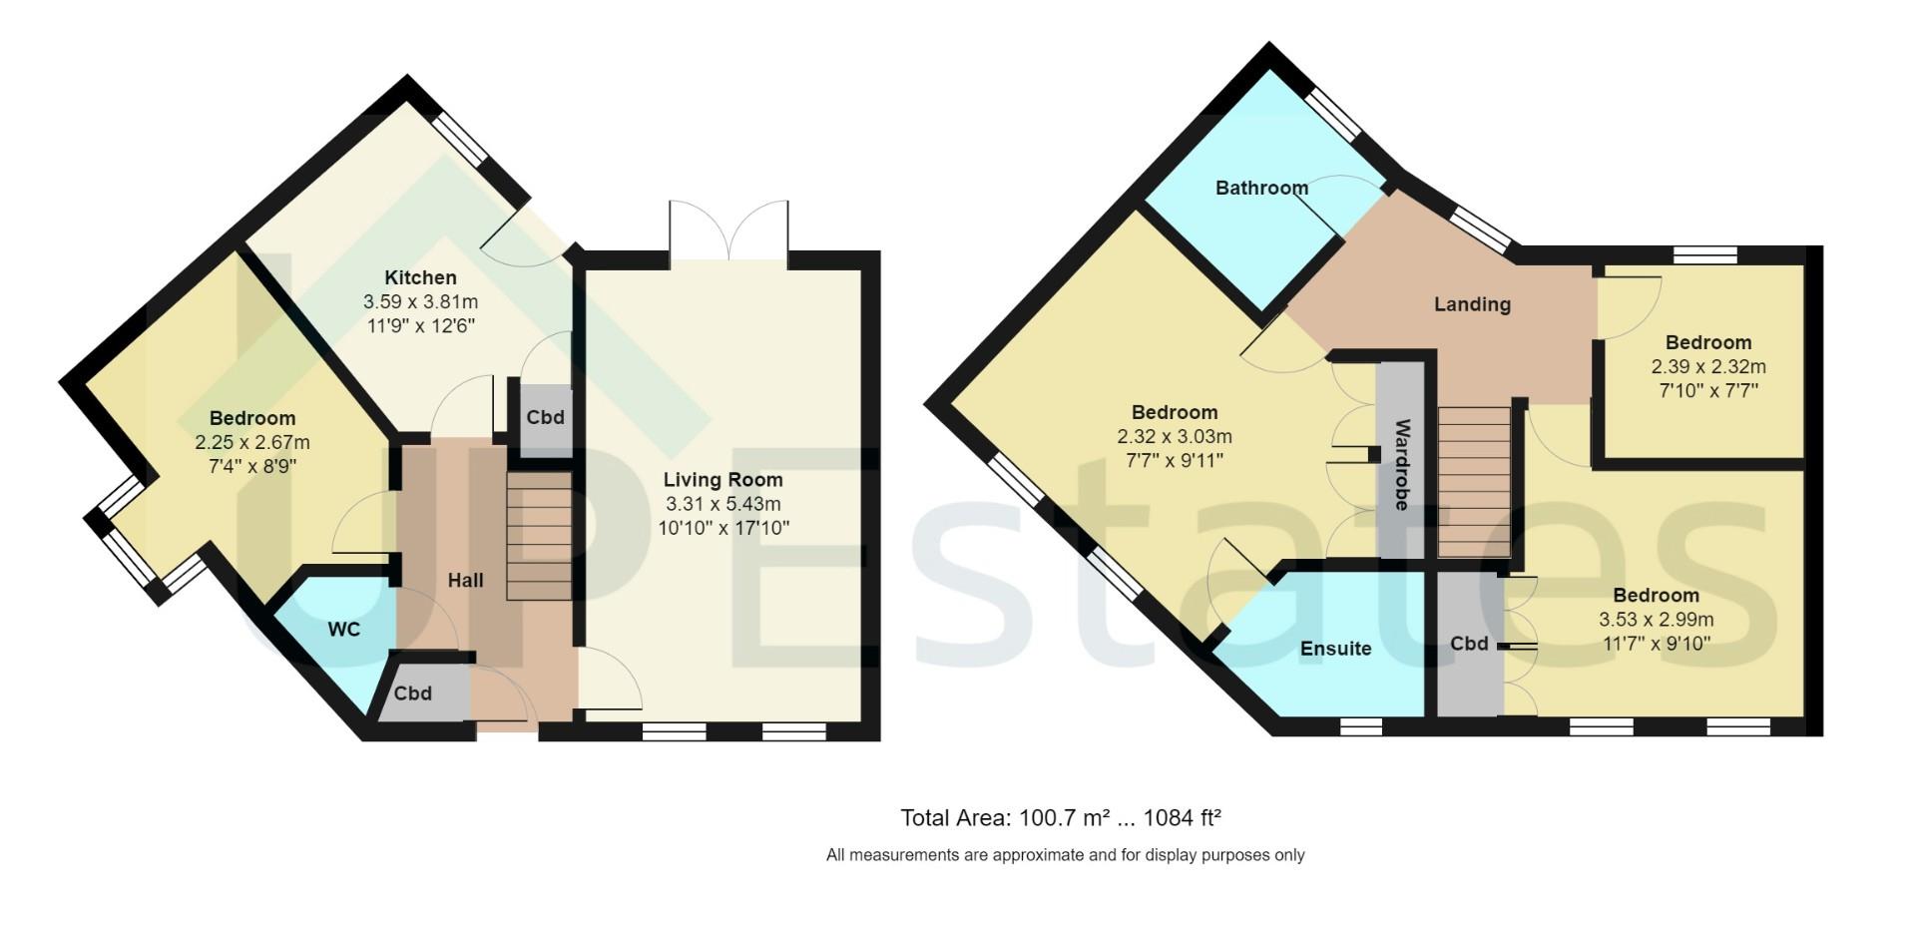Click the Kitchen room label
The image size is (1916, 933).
click(421, 277)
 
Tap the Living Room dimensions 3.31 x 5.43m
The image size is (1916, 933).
click(722, 504)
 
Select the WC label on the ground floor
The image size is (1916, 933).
click(344, 630)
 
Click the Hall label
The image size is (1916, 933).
click(465, 580)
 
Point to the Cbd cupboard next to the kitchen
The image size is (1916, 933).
click(545, 417)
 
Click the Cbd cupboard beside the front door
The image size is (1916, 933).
click(413, 693)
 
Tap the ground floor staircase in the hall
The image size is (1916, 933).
click(539, 537)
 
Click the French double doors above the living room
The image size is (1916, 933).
click(729, 232)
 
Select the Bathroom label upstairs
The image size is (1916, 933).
click(1261, 188)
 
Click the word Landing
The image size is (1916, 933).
click(1472, 304)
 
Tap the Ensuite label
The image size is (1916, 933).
click(1335, 649)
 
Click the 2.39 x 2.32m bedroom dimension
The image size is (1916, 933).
click(1707, 366)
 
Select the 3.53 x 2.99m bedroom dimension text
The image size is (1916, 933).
click(1656, 620)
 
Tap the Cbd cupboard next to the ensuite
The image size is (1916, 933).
click(1469, 644)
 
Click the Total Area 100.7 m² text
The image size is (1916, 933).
click(1061, 818)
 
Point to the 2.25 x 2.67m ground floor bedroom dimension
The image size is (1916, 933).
click(251, 442)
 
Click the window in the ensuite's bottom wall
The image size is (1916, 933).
click(1353, 726)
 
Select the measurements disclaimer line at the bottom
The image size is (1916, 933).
click(1065, 855)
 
